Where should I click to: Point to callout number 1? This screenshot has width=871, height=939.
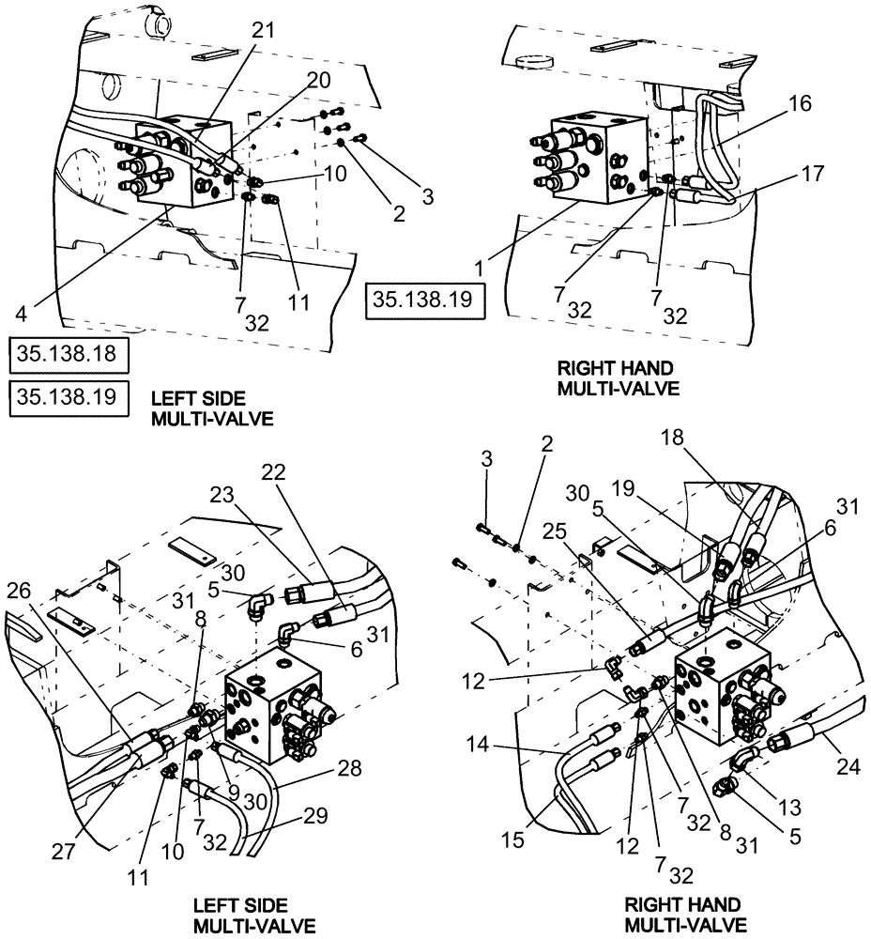click(x=481, y=269)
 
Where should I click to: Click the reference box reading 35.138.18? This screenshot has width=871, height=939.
click(x=69, y=356)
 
